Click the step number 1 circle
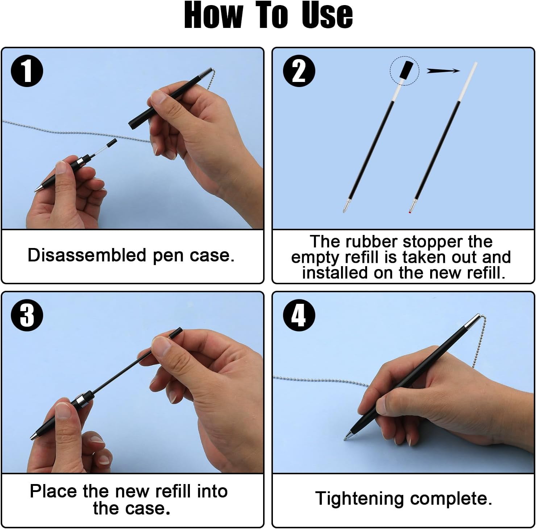pos(27,71)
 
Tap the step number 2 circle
pos(299,71)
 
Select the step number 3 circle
pos(27,315)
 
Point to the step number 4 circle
pos(299,315)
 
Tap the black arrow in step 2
pos(443,71)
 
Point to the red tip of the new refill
pos(410,212)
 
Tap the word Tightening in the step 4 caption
pos(359,499)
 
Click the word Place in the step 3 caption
pos(54,491)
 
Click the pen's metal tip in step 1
pos(38,189)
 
